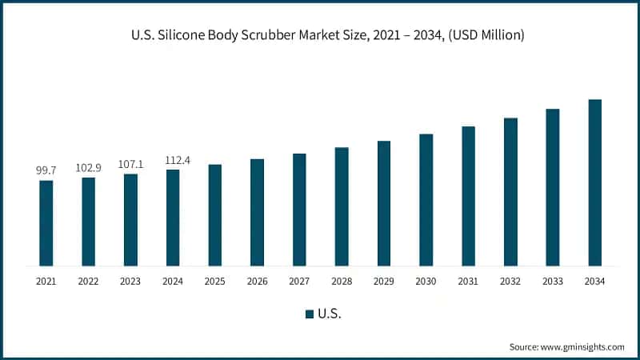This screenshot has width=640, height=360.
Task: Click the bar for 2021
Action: click(x=46, y=223)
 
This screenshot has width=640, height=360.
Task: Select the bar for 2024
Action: click(x=173, y=218)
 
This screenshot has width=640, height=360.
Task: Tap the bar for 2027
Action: click(x=299, y=210)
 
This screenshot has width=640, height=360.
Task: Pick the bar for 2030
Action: click(x=426, y=200)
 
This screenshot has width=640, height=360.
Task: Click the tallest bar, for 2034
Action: click(x=594, y=182)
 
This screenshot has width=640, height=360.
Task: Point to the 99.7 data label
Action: click(x=46, y=171)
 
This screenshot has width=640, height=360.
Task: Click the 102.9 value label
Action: click(x=88, y=168)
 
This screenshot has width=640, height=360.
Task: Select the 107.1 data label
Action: click(x=130, y=165)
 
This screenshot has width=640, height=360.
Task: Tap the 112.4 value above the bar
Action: click(x=173, y=160)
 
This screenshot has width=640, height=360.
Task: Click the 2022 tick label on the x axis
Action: click(x=88, y=282)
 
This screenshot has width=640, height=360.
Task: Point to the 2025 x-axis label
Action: click(x=215, y=282)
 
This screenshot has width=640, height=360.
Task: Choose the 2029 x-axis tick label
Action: click(x=384, y=282)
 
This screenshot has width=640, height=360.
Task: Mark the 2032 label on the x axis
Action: click(x=510, y=282)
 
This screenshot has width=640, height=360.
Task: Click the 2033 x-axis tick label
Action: click(x=552, y=282)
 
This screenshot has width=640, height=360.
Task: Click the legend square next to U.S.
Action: click(x=310, y=314)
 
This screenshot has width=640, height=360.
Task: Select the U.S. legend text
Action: click(x=330, y=314)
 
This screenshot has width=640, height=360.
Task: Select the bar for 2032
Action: click(x=510, y=192)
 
